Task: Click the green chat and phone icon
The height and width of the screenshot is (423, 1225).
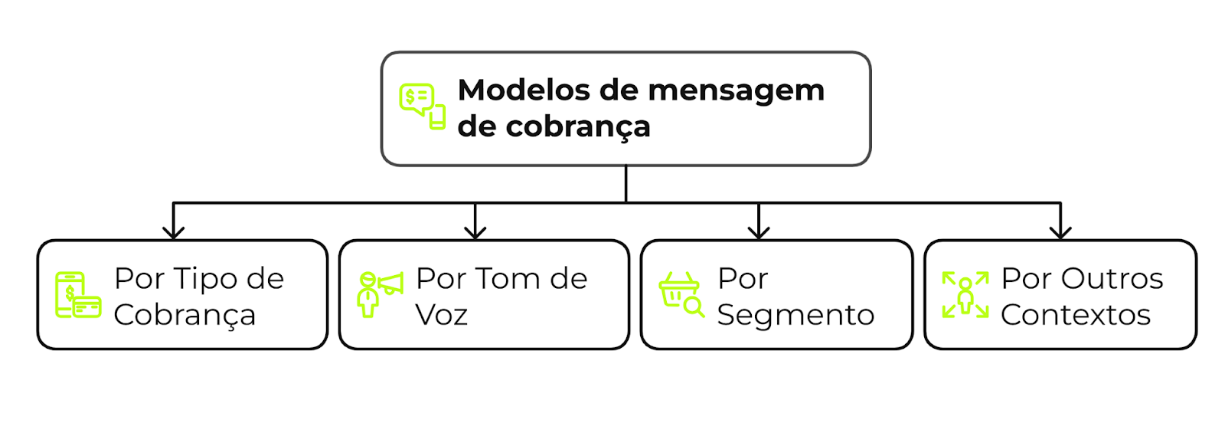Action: pos(422,107)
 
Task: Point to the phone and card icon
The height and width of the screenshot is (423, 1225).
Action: pos(78,295)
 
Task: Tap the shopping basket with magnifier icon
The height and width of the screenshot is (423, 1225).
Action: pos(681,294)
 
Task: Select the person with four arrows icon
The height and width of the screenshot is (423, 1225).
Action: pos(965,294)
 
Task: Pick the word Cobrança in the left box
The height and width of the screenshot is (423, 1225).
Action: pos(185,315)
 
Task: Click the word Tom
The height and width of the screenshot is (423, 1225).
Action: pos(501,278)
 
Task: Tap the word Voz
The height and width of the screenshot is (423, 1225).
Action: pos(442,314)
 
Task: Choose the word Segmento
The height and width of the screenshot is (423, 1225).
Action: pos(795,315)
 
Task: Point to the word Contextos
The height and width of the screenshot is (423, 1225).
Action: pos(1076,314)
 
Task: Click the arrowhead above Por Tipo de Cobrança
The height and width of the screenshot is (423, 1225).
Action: pos(174,231)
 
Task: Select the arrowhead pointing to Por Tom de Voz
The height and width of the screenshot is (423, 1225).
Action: pos(475,231)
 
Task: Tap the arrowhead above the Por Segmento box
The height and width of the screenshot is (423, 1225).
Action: pos(759,231)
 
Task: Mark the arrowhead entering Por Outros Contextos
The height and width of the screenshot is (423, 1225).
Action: pos(1060,231)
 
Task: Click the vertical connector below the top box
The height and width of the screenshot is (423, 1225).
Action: pos(626,184)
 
